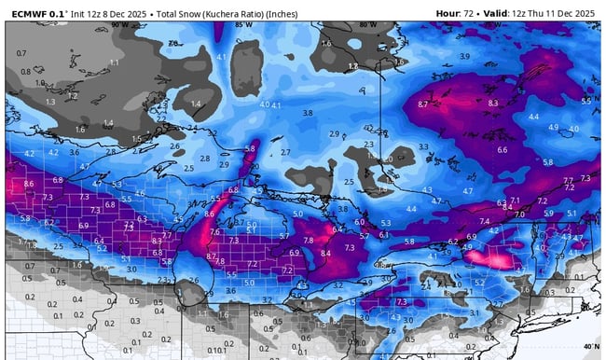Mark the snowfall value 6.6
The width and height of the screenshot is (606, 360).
point(503,150)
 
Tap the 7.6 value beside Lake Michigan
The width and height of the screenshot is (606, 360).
point(214,232)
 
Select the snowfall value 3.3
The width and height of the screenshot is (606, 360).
point(423,147)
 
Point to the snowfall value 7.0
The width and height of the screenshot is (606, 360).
point(518,214)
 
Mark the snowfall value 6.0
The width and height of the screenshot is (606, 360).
point(359,222)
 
